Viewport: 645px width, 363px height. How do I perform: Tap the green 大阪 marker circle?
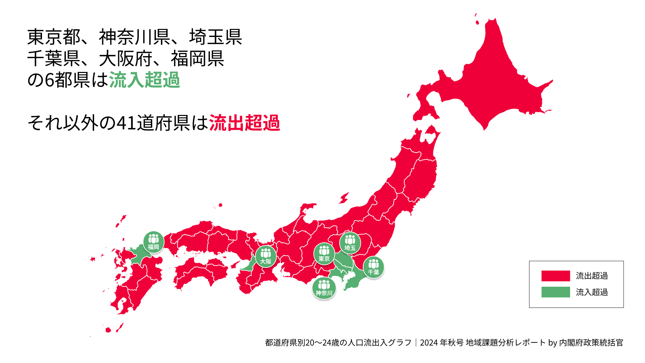point(266,256)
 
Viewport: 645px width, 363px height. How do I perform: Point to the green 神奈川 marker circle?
point(324,288)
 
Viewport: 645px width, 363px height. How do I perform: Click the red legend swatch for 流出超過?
point(556,276)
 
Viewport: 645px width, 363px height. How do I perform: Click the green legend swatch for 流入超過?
point(556,292)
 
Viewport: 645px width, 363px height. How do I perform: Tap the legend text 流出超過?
point(592,276)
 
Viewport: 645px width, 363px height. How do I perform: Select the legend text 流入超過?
point(592,292)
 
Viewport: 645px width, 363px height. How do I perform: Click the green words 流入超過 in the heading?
point(144,80)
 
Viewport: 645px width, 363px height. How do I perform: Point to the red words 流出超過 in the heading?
point(244,123)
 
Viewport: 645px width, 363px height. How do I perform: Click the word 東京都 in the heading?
point(54,37)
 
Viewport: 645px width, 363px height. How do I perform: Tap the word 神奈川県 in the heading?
point(134,37)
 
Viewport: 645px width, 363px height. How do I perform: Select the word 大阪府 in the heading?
point(126,58)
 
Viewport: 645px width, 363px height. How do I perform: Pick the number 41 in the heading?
point(126,123)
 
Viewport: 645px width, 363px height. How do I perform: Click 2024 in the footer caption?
point(429,342)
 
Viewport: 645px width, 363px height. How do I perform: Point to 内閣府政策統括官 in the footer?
point(591,342)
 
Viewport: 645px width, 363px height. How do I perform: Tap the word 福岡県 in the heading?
point(198,58)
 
